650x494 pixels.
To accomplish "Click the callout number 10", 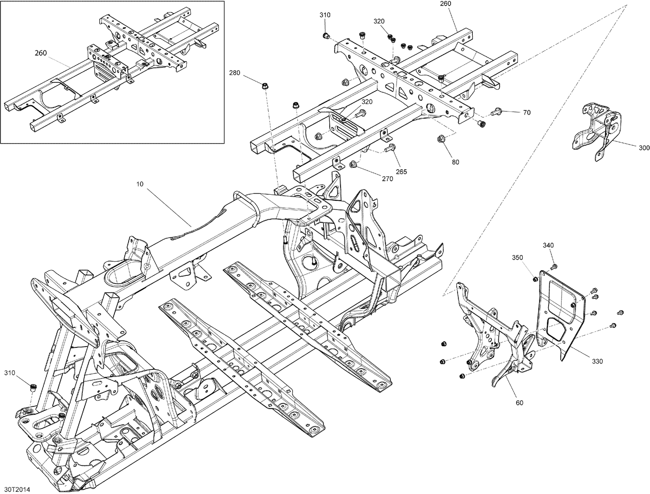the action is pyautogui.click(x=140, y=184).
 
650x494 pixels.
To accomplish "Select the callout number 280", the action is pyautogui.click(x=234, y=72).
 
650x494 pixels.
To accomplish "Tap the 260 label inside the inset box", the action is pyautogui.click(x=41, y=53).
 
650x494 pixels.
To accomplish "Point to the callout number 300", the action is pyautogui.click(x=644, y=148).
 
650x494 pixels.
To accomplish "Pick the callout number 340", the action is pyautogui.click(x=548, y=245).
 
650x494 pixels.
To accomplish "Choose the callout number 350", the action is pyautogui.click(x=518, y=258).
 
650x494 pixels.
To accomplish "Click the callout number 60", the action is pyautogui.click(x=520, y=403).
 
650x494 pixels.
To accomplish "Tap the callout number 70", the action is pyautogui.click(x=527, y=112).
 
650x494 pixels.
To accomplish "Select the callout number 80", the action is pyautogui.click(x=455, y=162).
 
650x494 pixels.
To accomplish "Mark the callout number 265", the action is pyautogui.click(x=401, y=172).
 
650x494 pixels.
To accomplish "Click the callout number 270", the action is pyautogui.click(x=387, y=179).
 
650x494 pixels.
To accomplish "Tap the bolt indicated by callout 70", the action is pyautogui.click(x=495, y=112).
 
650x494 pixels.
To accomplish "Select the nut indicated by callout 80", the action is pyautogui.click(x=441, y=139).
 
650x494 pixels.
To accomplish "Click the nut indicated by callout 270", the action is pyautogui.click(x=353, y=164).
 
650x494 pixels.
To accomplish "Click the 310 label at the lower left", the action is pyautogui.click(x=10, y=373).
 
